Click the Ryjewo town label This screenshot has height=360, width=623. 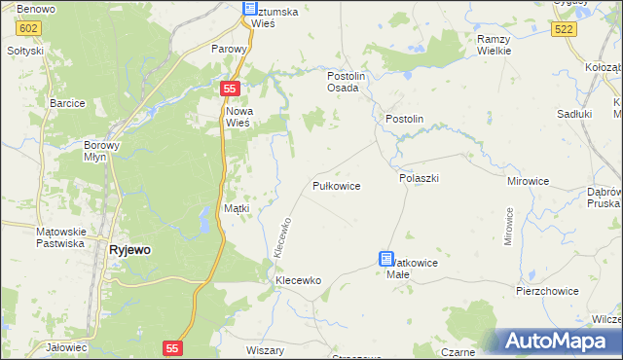[129, 249]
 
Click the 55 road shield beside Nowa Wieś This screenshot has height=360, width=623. [229, 89]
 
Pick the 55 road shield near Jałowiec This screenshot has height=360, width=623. [172, 347]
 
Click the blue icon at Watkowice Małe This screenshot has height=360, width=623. [386, 259]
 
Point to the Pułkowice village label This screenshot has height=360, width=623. [337, 185]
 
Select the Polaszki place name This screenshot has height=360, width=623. [420, 179]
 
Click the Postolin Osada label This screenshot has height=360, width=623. [344, 81]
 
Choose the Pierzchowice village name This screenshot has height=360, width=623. [548, 291]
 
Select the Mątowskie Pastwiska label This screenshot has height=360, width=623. [61, 237]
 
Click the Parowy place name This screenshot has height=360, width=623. [231, 47]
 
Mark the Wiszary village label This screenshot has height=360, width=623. [265, 349]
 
